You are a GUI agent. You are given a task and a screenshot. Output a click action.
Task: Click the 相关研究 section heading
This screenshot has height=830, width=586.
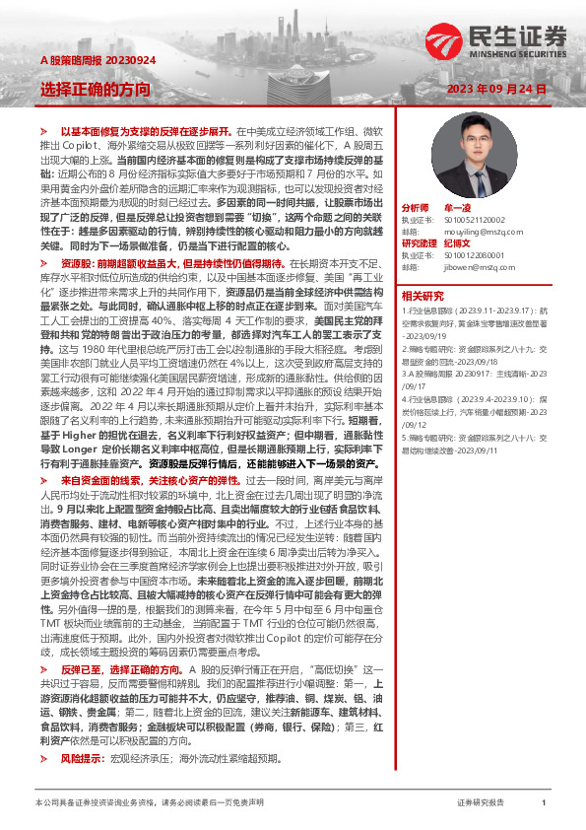click(x=423, y=294)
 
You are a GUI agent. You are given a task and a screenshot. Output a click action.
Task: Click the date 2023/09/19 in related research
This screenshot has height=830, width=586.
click(x=426, y=334)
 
